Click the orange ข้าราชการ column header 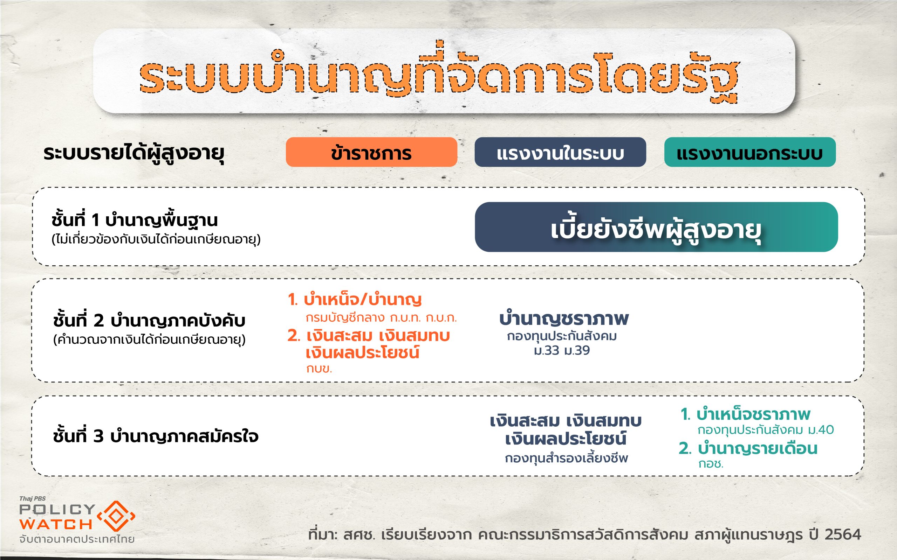[371, 152]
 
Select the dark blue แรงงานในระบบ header [560, 152]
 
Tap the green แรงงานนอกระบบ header [750, 152]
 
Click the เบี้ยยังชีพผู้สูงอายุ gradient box [656, 227]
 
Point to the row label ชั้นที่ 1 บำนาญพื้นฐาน [135, 220]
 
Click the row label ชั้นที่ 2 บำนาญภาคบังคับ [149, 320]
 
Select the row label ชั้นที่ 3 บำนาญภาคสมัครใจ [156, 436]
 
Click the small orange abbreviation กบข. [319, 369]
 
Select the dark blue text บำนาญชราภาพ [564, 318]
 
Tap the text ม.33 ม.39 [562, 350]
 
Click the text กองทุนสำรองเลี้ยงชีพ [566, 458]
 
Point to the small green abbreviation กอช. [711, 464]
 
